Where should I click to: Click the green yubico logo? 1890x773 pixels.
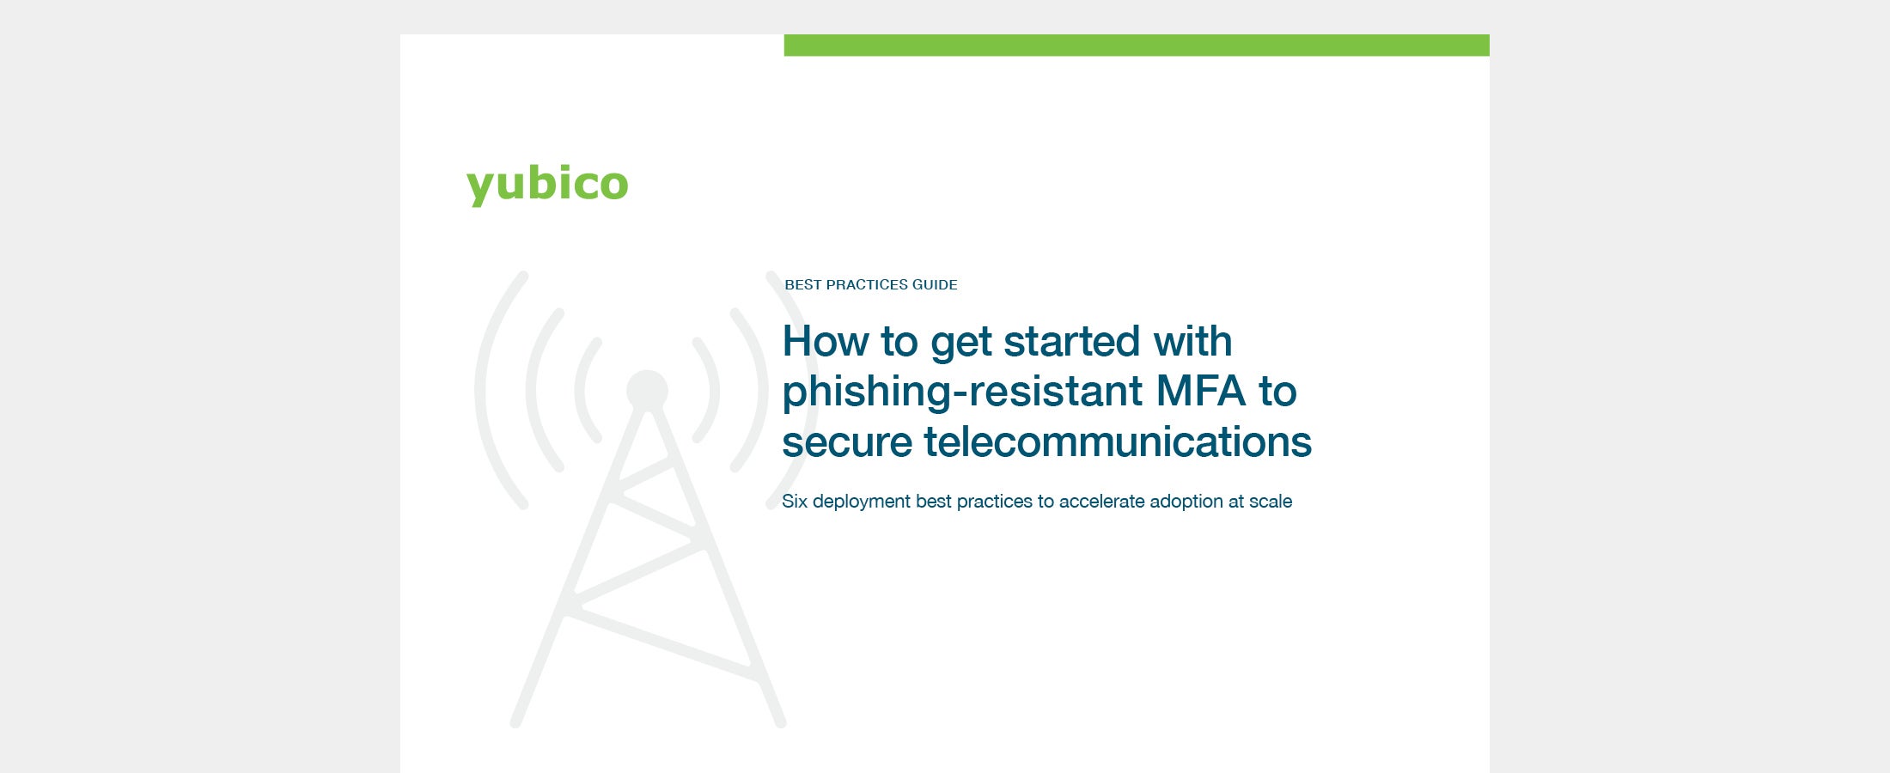pos(547,185)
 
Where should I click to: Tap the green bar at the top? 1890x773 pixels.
pos(1137,46)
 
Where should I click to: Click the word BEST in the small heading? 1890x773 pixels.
pos(803,284)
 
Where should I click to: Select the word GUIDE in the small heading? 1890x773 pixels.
pos(935,284)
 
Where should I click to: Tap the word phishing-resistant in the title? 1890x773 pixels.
pos(962,392)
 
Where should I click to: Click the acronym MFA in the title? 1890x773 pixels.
pos(1200,391)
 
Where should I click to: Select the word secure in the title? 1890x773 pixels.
pos(847,442)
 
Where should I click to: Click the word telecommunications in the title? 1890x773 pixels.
pos(1118,441)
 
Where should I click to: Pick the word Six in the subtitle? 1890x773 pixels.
pos(795,501)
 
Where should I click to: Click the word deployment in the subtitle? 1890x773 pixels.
pos(862,502)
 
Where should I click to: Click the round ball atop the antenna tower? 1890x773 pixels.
pos(647,391)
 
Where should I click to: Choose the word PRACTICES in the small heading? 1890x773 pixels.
pos(867,284)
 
